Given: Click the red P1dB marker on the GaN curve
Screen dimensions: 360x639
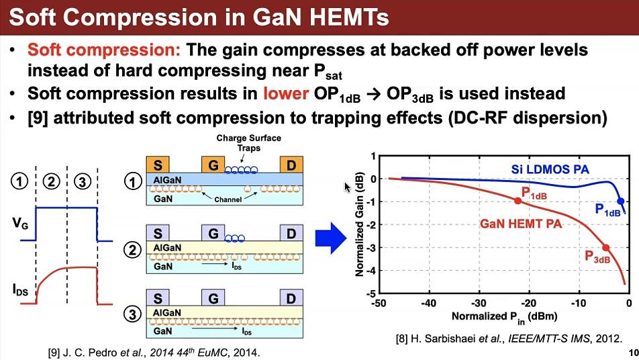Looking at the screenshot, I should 518,201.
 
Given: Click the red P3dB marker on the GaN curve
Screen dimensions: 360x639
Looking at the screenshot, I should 606,248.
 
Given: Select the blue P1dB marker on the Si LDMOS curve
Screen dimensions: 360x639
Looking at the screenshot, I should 621,201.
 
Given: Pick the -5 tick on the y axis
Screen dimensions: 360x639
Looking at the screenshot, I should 371,294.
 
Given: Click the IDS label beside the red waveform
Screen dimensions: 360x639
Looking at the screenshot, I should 20,289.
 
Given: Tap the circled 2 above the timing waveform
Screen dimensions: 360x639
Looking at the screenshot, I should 51,180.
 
